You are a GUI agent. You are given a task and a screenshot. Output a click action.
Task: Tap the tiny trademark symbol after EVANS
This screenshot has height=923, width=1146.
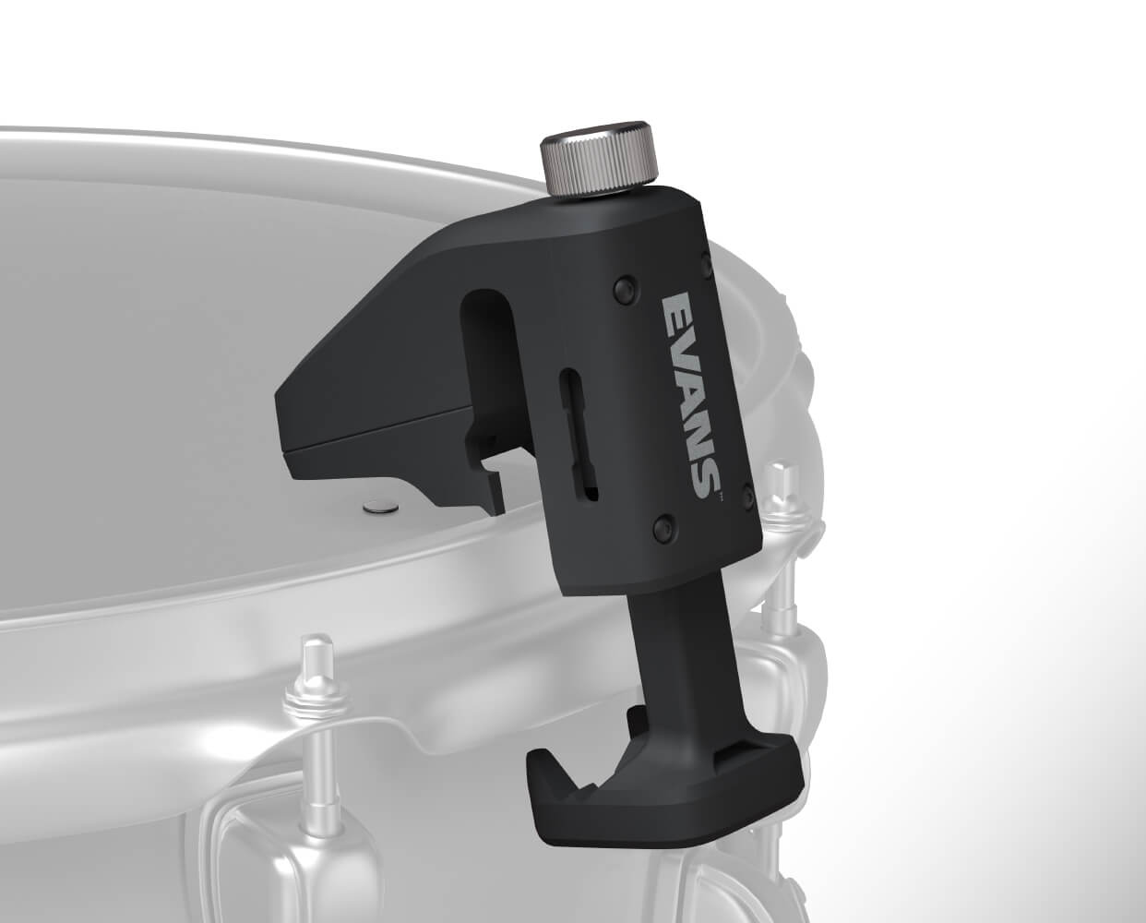click(x=722, y=496)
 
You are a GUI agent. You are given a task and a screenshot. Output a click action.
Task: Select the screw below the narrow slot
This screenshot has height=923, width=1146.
click(x=663, y=527)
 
